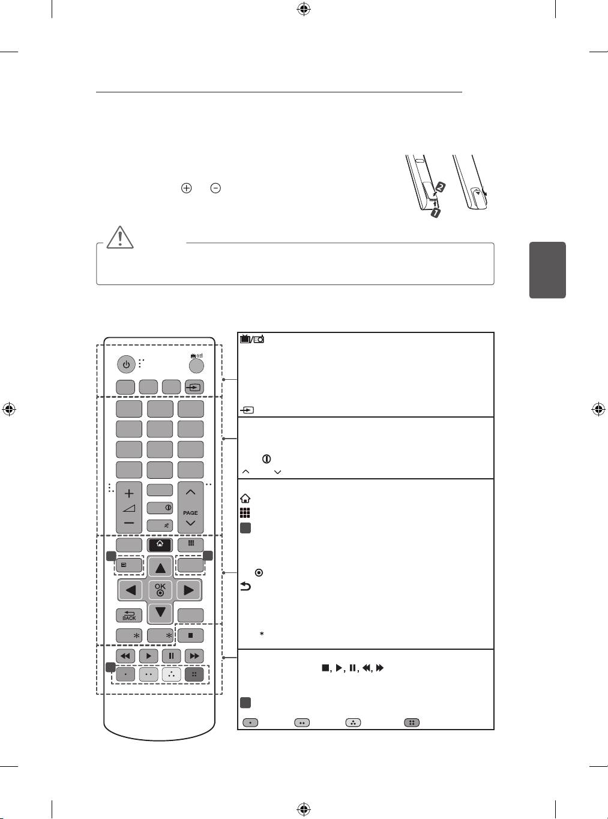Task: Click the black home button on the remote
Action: coord(160,545)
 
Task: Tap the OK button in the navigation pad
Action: coord(160,589)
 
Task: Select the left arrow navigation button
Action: coord(130,590)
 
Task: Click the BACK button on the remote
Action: coord(129,615)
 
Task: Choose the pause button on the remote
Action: coord(171,656)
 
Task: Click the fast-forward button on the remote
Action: coord(194,656)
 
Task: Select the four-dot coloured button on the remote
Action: coord(194,674)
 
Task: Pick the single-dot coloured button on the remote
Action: coord(125,674)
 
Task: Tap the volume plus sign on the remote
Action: coord(129,493)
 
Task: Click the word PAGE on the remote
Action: coord(190,513)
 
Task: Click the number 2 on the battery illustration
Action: coord(440,187)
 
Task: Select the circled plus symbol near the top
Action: coord(187,188)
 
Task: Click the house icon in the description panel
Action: coord(245,498)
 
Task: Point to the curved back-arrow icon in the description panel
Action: coord(245,587)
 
